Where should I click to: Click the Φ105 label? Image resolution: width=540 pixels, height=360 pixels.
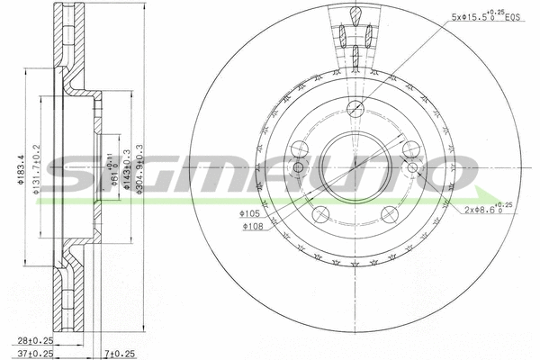[249, 214]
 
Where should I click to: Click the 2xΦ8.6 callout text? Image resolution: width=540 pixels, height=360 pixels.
[490, 208]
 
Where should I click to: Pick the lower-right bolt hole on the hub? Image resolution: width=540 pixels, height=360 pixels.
[389, 214]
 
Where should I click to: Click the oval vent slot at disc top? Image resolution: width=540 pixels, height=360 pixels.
[356, 16]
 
